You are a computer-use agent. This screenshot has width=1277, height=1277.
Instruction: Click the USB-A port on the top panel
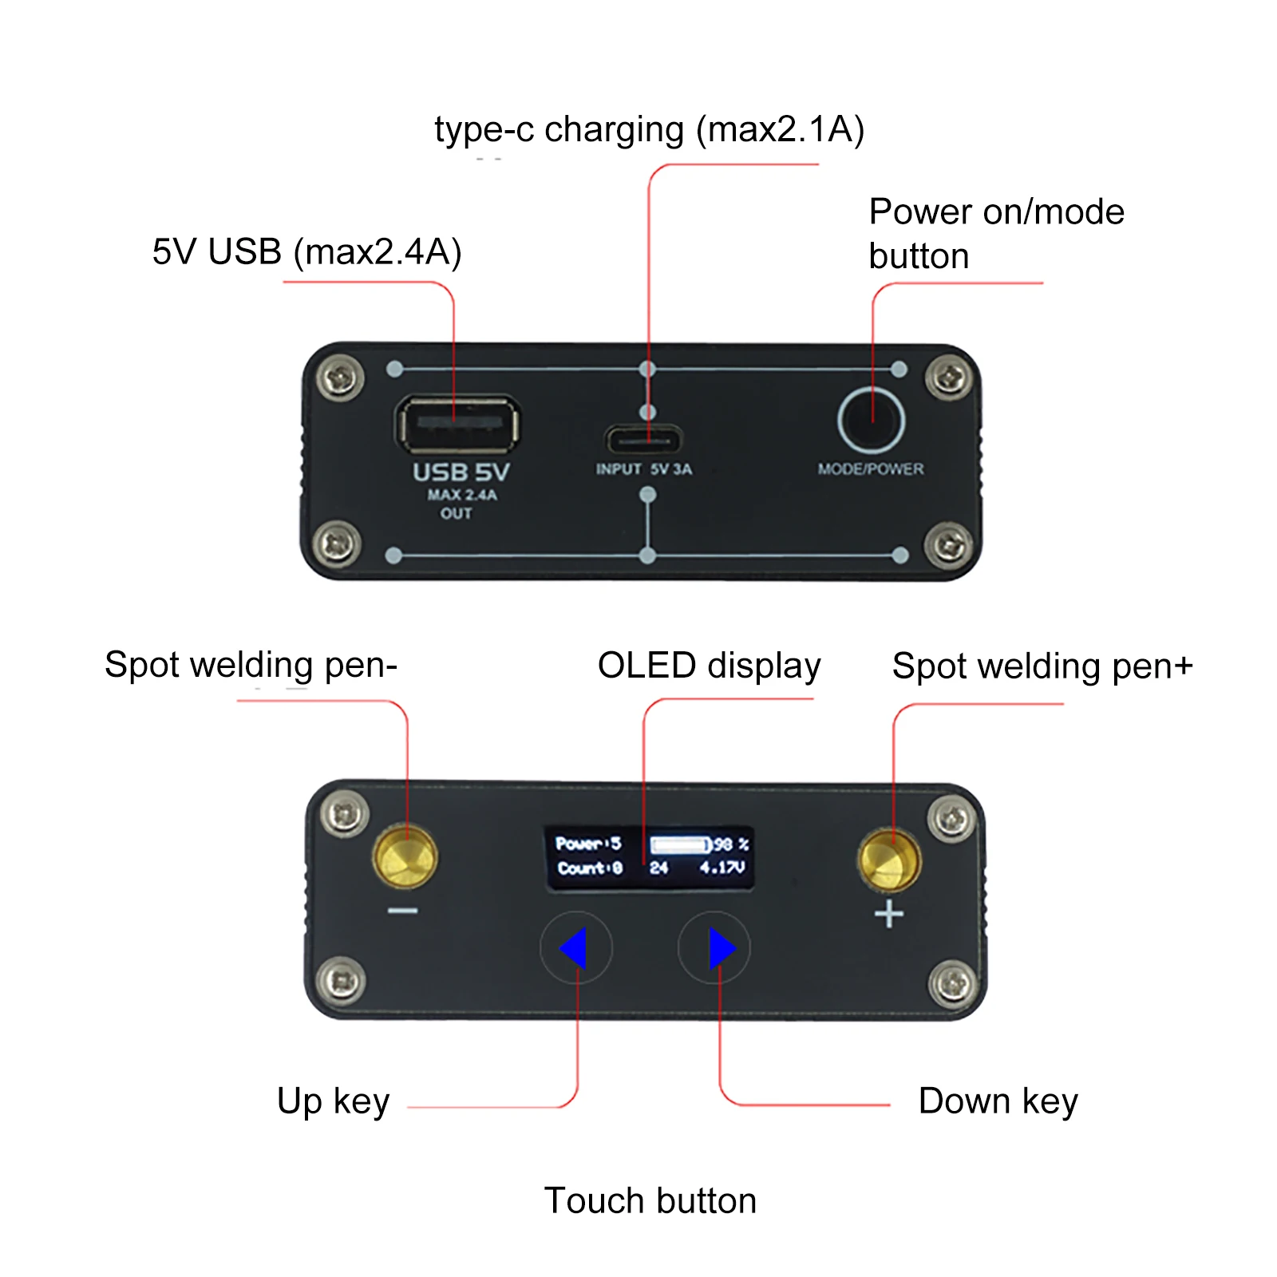coord(457,424)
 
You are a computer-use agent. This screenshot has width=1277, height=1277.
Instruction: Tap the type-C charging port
coord(643,440)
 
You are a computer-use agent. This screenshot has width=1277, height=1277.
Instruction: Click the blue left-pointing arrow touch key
coord(575,948)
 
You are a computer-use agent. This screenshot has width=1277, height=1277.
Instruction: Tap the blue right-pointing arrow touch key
coord(721,948)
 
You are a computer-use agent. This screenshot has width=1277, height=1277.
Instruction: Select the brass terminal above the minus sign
coord(405,858)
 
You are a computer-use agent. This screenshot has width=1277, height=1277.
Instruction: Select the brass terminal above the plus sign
coord(889,860)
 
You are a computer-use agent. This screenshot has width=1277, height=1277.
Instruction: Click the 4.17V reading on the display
coord(722,868)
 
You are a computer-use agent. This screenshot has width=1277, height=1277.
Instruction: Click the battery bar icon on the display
coord(680,844)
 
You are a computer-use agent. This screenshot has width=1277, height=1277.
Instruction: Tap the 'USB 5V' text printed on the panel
coord(461,472)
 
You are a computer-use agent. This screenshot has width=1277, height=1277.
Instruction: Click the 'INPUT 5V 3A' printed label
coord(643,469)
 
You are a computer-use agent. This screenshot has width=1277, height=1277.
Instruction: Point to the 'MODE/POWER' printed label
coord(870,469)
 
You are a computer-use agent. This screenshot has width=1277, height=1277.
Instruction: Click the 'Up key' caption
coord(333,1101)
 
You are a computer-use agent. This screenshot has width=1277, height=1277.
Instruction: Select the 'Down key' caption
coord(998,1101)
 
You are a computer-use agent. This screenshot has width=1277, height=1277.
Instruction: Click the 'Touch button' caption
coord(650,1200)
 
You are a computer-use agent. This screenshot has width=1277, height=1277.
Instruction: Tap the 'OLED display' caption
coord(709,666)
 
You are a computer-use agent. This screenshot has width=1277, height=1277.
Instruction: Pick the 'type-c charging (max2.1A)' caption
coord(649,130)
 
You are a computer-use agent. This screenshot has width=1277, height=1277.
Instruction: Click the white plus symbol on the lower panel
coord(889,914)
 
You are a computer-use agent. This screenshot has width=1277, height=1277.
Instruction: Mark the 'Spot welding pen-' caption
coord(251,665)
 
